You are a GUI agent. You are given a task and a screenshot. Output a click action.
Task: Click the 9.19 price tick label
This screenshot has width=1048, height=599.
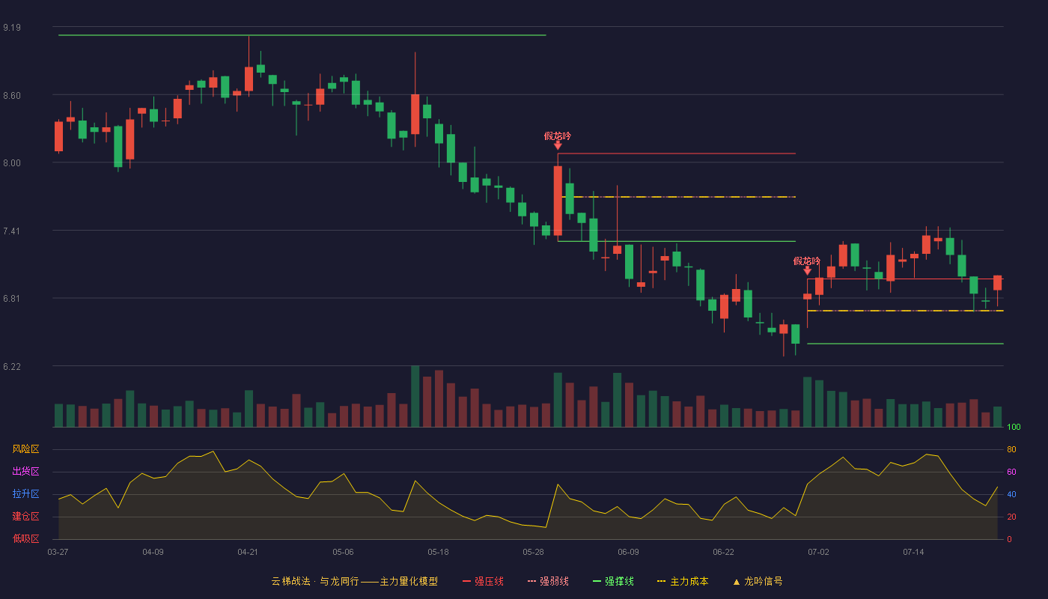[12, 28]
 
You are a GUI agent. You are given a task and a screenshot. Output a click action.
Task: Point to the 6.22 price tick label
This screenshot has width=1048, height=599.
[12, 366]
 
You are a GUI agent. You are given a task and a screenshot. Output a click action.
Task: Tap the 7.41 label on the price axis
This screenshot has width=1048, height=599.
[12, 231]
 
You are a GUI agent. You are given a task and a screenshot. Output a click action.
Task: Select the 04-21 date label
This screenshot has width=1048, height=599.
[248, 553]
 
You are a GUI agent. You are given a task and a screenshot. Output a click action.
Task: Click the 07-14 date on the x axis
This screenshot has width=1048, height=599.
[913, 553]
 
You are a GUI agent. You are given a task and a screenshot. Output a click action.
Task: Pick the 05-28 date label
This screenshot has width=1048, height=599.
[533, 553]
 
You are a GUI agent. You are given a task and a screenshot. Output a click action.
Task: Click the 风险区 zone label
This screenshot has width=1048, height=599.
[25, 449]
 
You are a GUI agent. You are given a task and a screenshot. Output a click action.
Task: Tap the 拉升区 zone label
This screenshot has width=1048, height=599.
[25, 493]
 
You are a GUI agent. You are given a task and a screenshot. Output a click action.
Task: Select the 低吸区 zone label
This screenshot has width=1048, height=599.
[25, 538]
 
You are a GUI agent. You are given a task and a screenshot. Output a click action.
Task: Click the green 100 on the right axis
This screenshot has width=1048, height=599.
[1014, 427]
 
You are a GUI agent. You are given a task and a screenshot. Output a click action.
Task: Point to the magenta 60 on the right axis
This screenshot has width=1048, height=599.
[1011, 472]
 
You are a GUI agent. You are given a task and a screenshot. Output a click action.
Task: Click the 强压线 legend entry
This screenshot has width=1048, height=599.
[483, 581]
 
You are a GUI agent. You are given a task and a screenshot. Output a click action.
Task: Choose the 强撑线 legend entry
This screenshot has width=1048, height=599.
[613, 581]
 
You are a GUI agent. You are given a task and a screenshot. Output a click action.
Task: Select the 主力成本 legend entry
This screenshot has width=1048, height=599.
[683, 581]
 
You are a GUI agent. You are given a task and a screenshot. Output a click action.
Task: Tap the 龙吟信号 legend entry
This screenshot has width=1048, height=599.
[758, 581]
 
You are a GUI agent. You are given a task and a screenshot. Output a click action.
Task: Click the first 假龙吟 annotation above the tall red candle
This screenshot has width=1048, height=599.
[558, 136]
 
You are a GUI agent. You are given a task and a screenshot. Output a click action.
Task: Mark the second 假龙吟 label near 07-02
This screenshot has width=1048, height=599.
[807, 261]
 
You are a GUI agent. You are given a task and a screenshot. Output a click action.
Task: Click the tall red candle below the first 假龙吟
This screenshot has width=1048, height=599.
[558, 201]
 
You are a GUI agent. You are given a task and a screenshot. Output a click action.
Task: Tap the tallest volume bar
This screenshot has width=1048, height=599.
[415, 396]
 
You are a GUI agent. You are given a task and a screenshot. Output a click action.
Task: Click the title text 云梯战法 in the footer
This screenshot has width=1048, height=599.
[291, 581]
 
